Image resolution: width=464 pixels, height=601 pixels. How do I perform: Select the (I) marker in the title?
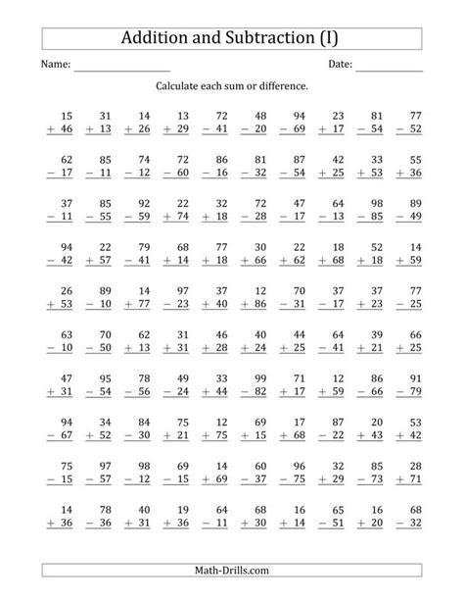point(335,39)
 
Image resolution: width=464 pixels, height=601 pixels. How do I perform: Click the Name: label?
point(55,65)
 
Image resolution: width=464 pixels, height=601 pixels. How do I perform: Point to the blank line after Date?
point(389,67)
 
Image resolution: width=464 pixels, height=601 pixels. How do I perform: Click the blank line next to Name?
point(121,67)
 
